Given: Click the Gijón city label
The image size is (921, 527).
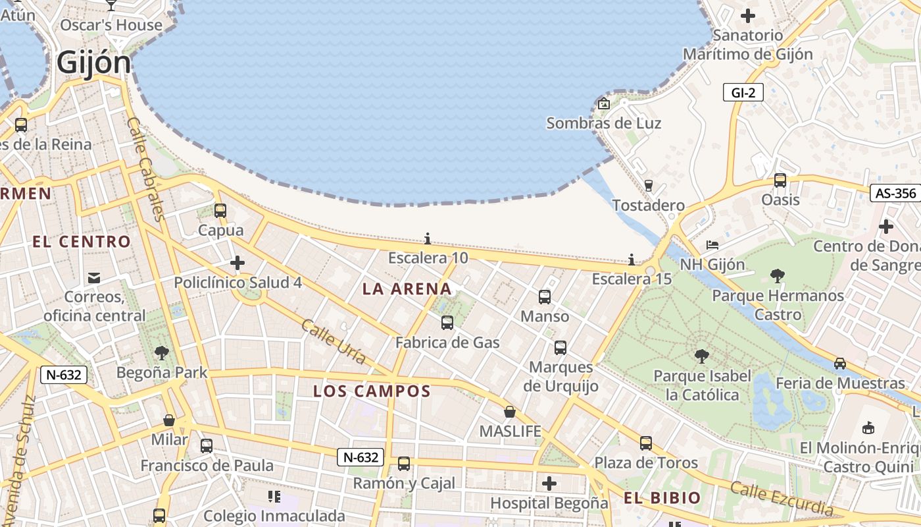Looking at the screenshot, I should pos(93,63).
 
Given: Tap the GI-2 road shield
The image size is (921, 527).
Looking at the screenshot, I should pos(743,93).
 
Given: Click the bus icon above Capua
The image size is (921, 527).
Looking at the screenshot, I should pos(220,211).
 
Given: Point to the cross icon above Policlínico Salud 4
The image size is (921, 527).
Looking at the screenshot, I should pos(237,263).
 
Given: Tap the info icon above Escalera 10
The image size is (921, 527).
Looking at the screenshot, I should pos(428,238).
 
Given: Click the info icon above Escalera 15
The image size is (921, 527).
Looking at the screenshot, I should pos(632,260).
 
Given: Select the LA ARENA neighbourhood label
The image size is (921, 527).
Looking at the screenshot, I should pos(407,289).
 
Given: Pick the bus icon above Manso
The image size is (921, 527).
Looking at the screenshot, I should pos(545,297).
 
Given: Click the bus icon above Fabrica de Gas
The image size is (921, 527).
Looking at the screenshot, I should pos(447,323).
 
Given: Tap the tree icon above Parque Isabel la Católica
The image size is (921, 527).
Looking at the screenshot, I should pos(702,356).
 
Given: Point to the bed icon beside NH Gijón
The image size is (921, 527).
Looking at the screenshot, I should pos(712,245).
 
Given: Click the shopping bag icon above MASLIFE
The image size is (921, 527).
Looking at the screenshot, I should pos(510,412).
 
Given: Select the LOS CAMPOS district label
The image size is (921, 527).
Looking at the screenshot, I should pos(372,391).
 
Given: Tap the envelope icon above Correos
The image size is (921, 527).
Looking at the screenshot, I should pos(94,277).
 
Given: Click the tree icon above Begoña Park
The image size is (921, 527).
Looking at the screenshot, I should pos(161,353).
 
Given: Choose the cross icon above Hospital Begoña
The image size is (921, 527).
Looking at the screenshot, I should pos(549,484).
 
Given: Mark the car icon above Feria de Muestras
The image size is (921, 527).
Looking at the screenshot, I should pos(840,364).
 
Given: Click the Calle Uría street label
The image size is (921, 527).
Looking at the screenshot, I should pos(334,341).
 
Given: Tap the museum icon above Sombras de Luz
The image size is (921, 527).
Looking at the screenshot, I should pos(604,103).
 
